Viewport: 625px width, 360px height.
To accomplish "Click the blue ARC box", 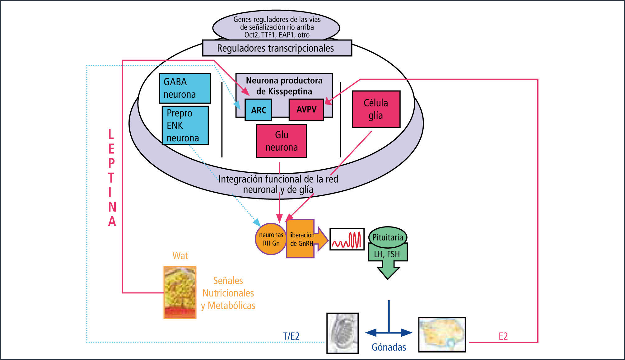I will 258,110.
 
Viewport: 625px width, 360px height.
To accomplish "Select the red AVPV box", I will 306,110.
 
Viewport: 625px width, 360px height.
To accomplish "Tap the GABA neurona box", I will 185,88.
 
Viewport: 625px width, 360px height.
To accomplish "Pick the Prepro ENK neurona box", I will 185,125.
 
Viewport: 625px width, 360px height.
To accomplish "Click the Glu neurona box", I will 281,141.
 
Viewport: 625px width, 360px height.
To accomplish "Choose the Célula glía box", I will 376,109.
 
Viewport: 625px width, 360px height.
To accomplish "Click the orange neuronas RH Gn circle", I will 271,239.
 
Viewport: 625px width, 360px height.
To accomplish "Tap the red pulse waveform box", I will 347,239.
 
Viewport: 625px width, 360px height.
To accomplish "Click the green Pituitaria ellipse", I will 388,237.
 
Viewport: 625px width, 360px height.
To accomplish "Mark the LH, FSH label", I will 387,254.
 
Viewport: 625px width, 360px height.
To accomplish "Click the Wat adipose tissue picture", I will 180,292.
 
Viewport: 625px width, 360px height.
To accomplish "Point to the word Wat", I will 180,256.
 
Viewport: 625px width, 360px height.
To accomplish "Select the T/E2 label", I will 291,336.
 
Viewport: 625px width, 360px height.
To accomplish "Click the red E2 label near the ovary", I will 503,336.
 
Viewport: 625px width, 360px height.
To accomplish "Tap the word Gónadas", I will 389,347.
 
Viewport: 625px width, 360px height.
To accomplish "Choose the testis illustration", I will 342,333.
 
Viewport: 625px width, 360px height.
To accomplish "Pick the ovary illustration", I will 442,334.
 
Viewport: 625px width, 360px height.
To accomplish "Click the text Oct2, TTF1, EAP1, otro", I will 277,35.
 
